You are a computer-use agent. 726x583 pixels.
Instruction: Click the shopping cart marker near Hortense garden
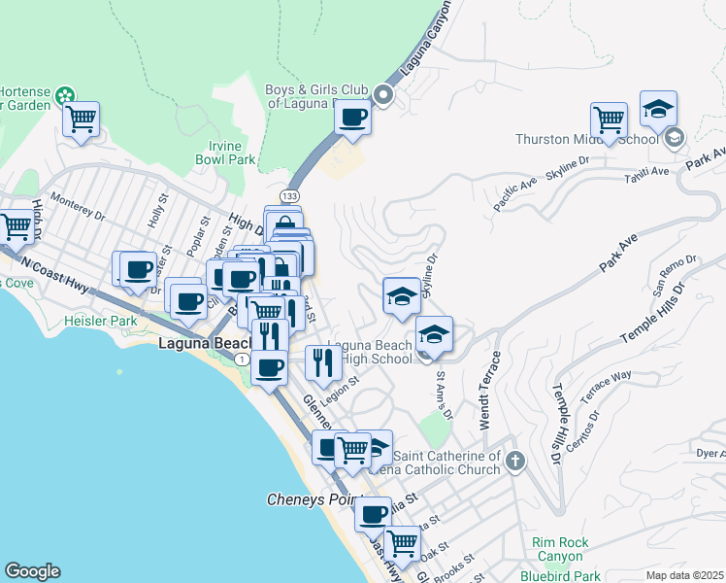coord(82,120)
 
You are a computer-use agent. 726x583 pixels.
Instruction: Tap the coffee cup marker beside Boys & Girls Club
coord(352,118)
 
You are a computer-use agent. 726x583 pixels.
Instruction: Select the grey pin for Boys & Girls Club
coord(382,95)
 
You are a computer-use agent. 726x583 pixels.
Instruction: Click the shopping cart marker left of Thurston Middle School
coord(610,120)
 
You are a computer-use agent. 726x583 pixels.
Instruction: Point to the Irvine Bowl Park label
coord(224,153)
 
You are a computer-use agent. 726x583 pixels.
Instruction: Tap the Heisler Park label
coord(101,321)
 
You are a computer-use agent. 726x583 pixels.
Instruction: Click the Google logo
coord(32,571)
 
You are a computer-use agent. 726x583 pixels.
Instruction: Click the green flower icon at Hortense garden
coord(64,95)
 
